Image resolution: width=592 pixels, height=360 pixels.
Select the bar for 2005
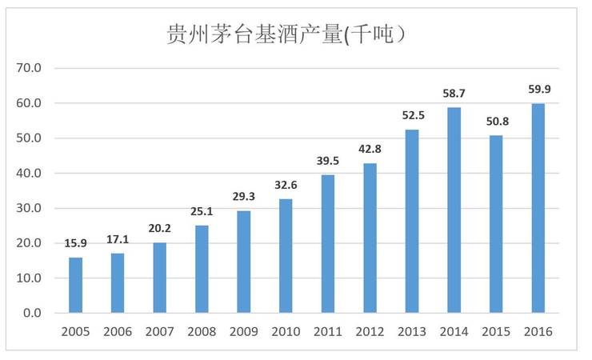[x=75, y=285]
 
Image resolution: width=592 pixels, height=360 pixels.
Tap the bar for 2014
[x=454, y=210]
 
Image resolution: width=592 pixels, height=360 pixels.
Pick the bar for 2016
[x=538, y=208]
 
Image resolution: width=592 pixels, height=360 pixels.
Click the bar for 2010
[x=286, y=256]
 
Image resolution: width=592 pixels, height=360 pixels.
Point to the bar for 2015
[x=496, y=224]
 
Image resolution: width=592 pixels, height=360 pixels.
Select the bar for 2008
[x=202, y=269]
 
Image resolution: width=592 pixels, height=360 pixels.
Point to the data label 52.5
[x=411, y=116]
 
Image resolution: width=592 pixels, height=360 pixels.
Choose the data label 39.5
[x=327, y=162]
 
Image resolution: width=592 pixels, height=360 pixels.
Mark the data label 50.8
[x=496, y=122]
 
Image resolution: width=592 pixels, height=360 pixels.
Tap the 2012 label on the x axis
[x=370, y=331]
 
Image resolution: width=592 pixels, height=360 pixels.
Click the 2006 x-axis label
[x=118, y=331]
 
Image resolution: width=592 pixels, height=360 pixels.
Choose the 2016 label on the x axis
[x=538, y=331]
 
